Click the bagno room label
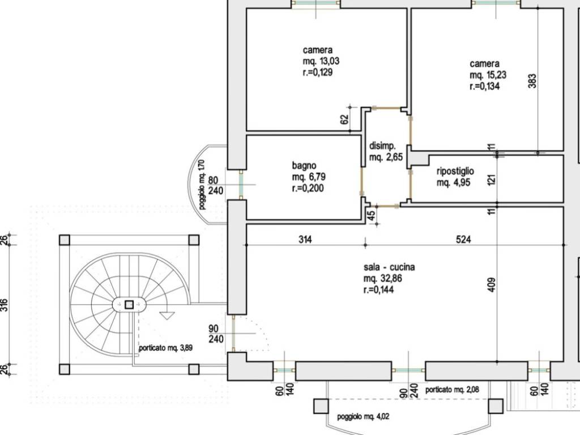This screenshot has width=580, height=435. tap(304, 166)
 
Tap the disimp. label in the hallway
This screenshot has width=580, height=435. tap(382, 146)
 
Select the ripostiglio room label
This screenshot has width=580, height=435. tap(455, 171)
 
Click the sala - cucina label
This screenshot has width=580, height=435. tap(389, 267)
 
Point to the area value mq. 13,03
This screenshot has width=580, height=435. tap(321, 61)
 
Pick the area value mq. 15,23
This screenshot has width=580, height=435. tap(488, 75)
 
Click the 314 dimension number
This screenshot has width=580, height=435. tap(305, 240)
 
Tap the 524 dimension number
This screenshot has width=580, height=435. tap(463, 240)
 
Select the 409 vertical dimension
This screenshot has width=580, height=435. tap(492, 285)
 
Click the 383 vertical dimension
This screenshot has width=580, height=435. tap(532, 81)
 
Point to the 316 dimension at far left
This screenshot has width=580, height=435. tap(4, 305)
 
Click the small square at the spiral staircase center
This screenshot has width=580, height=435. tap(129, 305)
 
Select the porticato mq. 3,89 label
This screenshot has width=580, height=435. tap(165, 348)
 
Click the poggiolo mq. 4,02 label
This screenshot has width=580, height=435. tap(363, 416)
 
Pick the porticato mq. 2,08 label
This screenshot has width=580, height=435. tap(452, 390)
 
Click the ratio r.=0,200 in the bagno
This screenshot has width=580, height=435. tap(308, 188)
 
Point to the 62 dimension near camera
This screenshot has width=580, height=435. tap(344, 119)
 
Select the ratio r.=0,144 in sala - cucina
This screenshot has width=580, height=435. tap(378, 289)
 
